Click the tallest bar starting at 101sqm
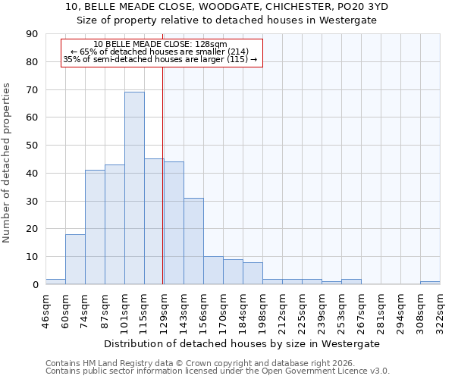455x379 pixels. pos(134,188)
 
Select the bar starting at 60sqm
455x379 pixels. pos(75,259)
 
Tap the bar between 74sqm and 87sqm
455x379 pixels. pos(95,227)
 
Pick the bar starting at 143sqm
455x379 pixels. pos(193,241)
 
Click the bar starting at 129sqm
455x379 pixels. pos(174,223)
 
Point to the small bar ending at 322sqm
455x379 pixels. pos(430,283)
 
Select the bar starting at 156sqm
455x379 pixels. pos(213,271)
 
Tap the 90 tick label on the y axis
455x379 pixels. pos(33,34)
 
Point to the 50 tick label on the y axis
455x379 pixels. pos(33,146)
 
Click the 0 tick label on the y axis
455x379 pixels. pos(36,284)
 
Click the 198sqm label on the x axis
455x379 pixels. pos(263,311)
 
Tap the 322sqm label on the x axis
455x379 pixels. pos(441,311)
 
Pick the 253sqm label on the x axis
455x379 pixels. pos(342,311)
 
